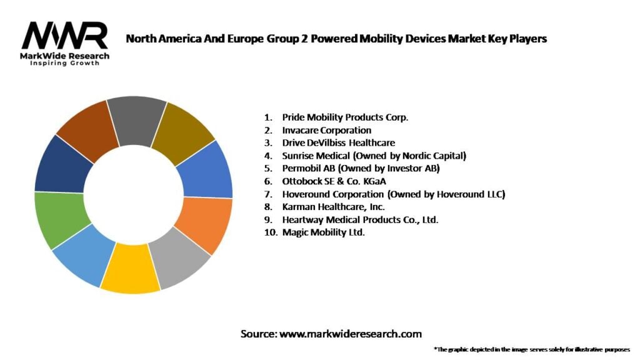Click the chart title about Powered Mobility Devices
coord(336,39)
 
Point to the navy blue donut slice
coord(57,164)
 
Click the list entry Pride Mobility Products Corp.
coord(345,117)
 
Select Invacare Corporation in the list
coord(326,130)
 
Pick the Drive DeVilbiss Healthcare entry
coord(338,142)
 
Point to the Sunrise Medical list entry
coord(374,156)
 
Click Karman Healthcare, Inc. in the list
coord(333,207)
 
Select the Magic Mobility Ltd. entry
coord(323,232)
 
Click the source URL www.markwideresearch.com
coord(350,334)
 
